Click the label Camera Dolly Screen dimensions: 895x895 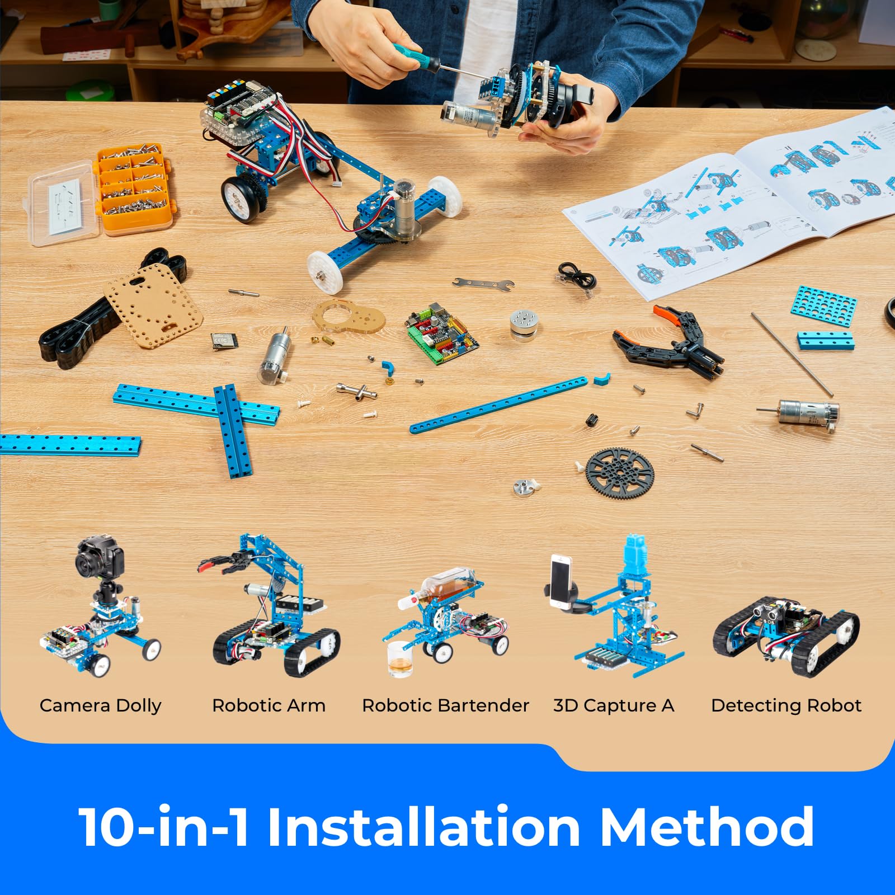point(100,705)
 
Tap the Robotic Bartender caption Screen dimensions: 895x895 point(445,705)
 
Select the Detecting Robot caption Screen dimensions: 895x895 point(786,705)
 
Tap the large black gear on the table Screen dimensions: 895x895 point(620,473)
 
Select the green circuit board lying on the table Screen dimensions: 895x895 point(442,333)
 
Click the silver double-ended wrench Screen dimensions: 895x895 point(483,284)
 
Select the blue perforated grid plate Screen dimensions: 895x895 point(823,306)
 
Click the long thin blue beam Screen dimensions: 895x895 point(498,405)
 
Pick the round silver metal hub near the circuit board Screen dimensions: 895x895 point(524,324)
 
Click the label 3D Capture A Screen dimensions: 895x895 point(614,705)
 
